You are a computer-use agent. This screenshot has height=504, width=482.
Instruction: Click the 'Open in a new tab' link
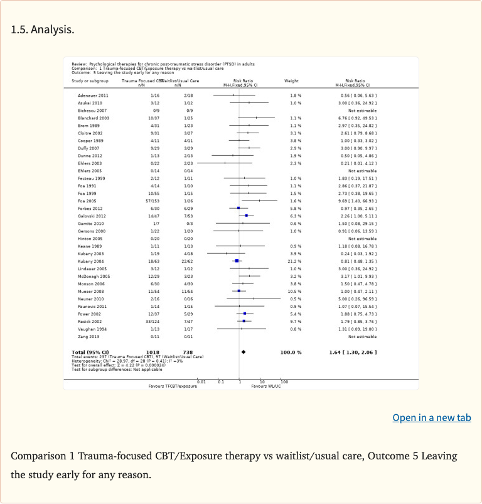point(431,418)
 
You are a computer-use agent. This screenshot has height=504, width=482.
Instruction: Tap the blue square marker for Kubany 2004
point(237,260)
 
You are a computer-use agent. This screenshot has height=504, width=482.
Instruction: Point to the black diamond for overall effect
point(244,352)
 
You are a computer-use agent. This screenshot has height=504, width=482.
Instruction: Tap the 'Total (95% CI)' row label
point(90,352)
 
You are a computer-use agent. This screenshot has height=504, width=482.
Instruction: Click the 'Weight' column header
point(291,80)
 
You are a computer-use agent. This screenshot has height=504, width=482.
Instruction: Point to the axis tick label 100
point(284,381)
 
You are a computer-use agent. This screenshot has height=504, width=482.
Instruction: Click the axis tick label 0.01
point(201,381)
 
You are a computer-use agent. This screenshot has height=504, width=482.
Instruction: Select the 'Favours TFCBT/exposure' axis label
point(173,386)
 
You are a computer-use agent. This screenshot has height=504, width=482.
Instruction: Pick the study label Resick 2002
point(80,321)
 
